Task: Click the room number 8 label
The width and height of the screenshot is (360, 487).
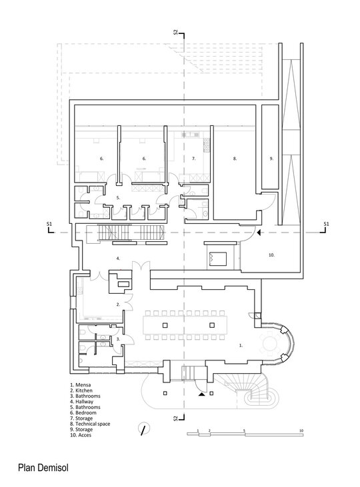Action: [235, 159]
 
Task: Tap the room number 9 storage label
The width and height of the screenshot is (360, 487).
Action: [271, 159]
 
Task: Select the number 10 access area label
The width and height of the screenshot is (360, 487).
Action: [271, 255]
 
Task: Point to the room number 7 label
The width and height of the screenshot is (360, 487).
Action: [194, 159]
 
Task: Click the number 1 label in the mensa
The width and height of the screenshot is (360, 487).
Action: [241, 345]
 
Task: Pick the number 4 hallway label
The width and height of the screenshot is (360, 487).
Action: [118, 258]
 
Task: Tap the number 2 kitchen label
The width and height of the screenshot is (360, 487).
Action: [118, 304]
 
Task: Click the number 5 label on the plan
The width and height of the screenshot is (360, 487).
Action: [118, 198]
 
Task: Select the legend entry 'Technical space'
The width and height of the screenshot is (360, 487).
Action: [93, 424]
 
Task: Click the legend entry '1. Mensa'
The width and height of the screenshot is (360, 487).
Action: [81, 385]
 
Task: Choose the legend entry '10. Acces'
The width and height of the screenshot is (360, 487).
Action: [81, 435]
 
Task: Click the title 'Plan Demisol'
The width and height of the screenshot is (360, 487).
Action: [43, 468]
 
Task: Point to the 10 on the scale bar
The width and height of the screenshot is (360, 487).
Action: [301, 431]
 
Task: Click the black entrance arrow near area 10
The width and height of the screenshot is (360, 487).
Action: [259, 233]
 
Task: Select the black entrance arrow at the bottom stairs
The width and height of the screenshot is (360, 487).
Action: [201, 394]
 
